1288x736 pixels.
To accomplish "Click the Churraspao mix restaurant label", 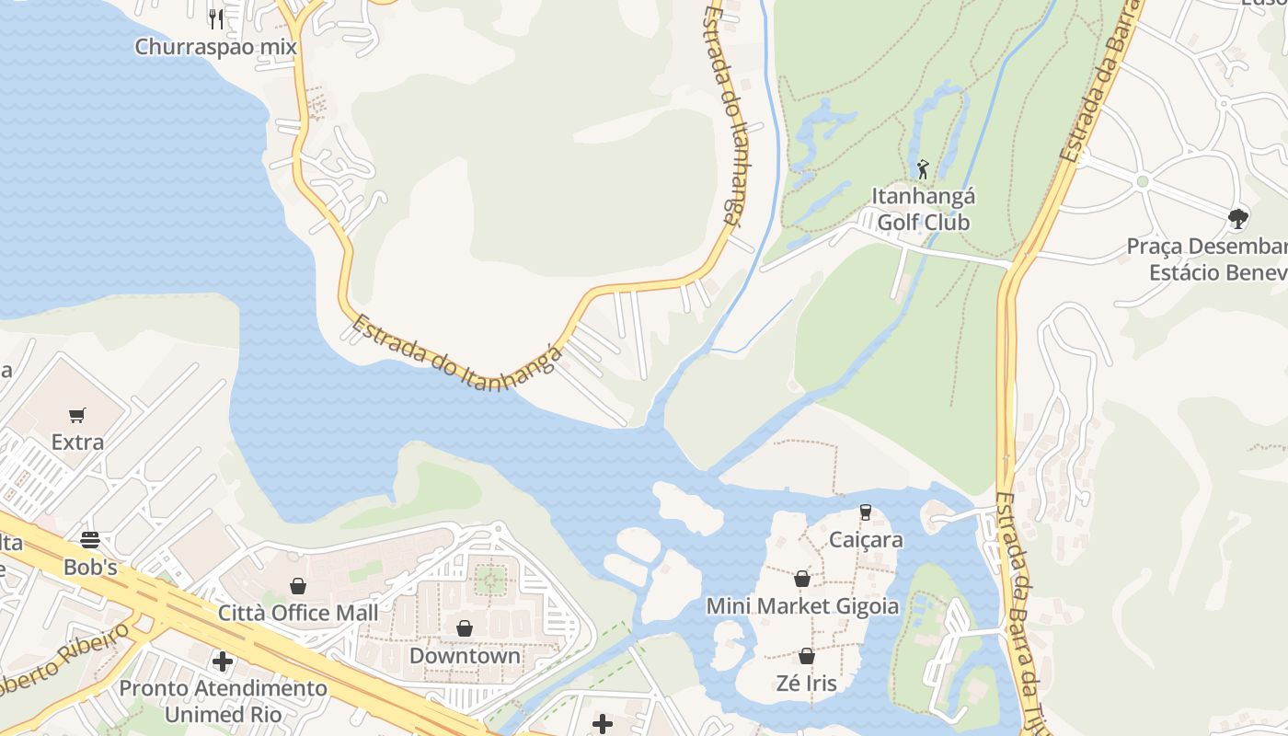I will pyautogui.click(x=215, y=47).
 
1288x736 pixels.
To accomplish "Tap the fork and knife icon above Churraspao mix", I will pyautogui.click(x=216, y=17).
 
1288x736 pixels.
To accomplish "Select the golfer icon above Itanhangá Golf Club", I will pyautogui.click(x=923, y=169).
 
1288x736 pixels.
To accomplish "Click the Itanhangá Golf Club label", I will pyautogui.click(x=923, y=210).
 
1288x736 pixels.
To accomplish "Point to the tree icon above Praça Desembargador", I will pyautogui.click(x=1238, y=219).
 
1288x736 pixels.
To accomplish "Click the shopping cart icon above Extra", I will pyautogui.click(x=77, y=416).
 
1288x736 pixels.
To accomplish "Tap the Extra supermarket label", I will pyautogui.click(x=77, y=443).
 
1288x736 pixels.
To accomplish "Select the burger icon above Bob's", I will pyautogui.click(x=90, y=539).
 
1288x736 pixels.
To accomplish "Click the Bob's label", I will pyautogui.click(x=90, y=568).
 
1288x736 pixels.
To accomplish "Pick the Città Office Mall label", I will pyautogui.click(x=298, y=613).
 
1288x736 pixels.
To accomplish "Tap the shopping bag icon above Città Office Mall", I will pyautogui.click(x=298, y=586).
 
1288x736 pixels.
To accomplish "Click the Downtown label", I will pyautogui.click(x=465, y=656).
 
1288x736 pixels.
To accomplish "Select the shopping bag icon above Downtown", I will pyautogui.click(x=465, y=628).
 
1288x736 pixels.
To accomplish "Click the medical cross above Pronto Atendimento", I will pyautogui.click(x=223, y=661).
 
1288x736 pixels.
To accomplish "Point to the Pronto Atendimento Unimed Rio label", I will pyautogui.click(x=223, y=701).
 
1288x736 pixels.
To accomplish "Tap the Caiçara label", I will pyautogui.click(x=866, y=540).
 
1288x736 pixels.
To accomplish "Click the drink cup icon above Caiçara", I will pyautogui.click(x=866, y=512).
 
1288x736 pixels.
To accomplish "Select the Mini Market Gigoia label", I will pyautogui.click(x=802, y=607).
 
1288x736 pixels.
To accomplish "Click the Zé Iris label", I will pyautogui.click(x=807, y=684).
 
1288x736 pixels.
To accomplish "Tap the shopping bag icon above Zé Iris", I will pyautogui.click(x=807, y=656).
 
